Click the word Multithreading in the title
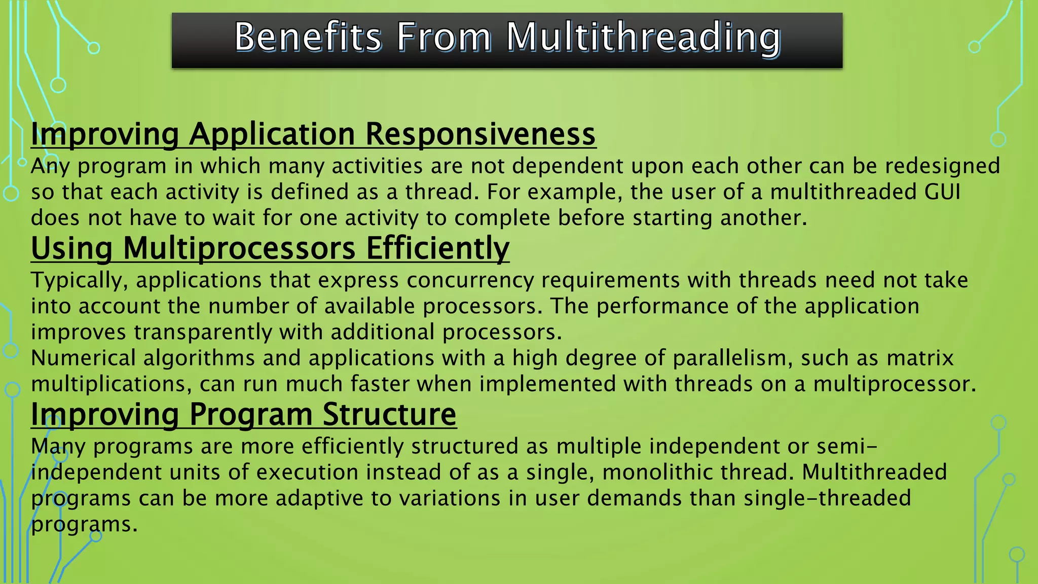(644, 38)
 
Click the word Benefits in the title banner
(308, 38)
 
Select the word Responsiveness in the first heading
(480, 134)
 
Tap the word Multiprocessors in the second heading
(239, 248)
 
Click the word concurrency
(470, 281)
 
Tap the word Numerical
(83, 358)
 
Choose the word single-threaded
(827, 498)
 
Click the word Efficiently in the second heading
(437, 248)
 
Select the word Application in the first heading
(272, 134)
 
